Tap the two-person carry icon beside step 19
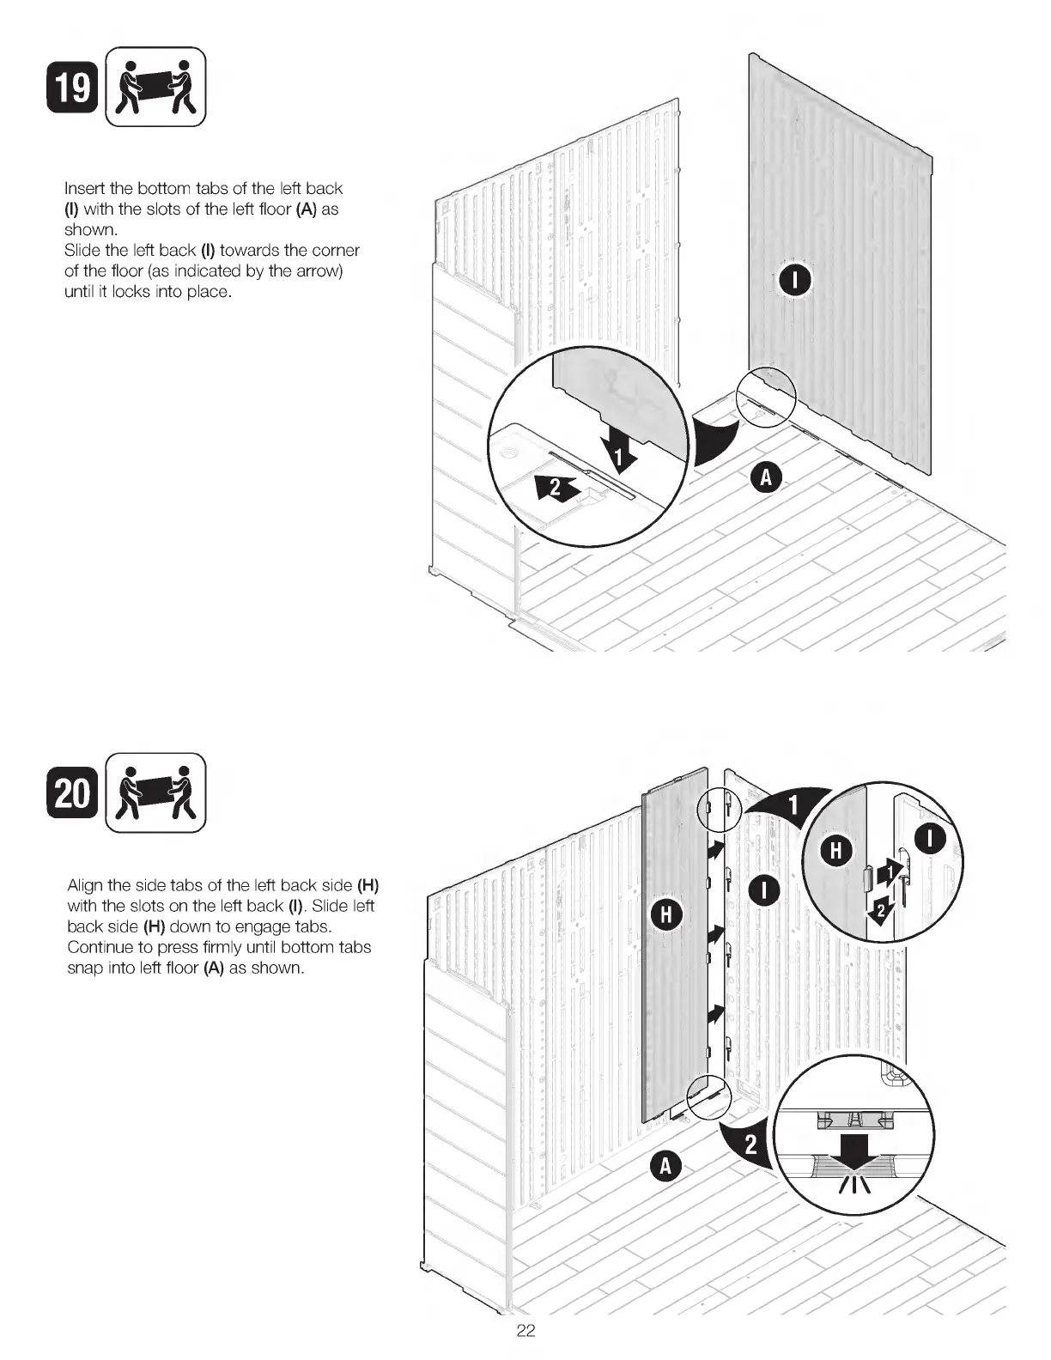click(155, 87)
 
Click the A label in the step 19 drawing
click(766, 477)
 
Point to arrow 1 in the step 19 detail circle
click(618, 445)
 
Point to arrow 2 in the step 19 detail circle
click(553, 489)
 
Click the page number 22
click(525, 1331)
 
